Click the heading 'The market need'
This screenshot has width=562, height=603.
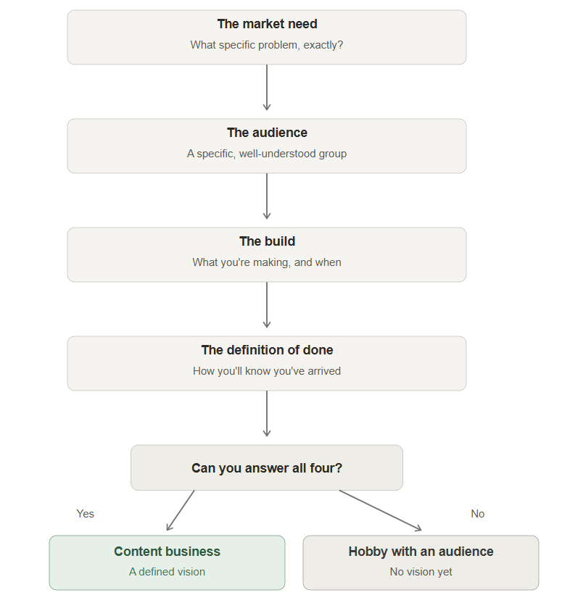[x=267, y=24]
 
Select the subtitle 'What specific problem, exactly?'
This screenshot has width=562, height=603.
[x=267, y=45]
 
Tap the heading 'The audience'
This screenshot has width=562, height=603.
[x=267, y=133]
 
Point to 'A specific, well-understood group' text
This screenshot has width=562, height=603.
[x=267, y=154]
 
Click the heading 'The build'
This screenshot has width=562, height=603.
[x=267, y=241]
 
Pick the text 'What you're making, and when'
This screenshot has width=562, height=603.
[x=267, y=262]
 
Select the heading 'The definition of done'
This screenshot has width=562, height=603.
[x=267, y=350]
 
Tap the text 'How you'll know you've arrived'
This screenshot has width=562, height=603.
[x=267, y=371]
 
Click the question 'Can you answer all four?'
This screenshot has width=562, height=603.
[x=267, y=468]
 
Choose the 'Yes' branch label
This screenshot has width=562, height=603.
[x=85, y=514]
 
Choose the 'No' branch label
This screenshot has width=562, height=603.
[x=477, y=514]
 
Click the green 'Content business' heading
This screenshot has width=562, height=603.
[x=167, y=552]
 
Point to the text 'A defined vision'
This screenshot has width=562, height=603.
[x=167, y=572]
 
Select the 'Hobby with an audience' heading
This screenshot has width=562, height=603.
[x=421, y=552]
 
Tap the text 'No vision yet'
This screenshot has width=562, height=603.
[x=421, y=572]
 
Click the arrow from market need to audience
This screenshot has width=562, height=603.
[x=267, y=87]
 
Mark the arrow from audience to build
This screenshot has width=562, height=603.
[x=267, y=196]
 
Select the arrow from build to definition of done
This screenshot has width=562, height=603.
[x=267, y=305]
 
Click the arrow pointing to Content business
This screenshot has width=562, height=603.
[x=181, y=510]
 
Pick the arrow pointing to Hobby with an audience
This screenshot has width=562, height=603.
[x=380, y=510]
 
